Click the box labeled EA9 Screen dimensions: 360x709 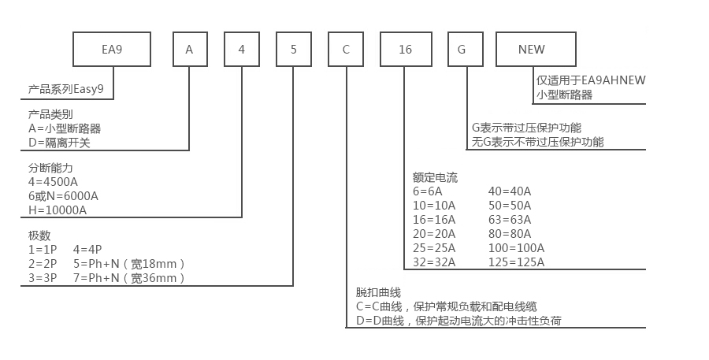pyautogui.click(x=111, y=50)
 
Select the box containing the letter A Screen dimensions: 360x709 pyautogui.click(x=189, y=50)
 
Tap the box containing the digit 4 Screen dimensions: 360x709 pyautogui.click(x=242, y=50)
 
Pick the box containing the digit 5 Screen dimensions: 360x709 pyautogui.click(x=293, y=50)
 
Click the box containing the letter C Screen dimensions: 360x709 pyautogui.click(x=346, y=50)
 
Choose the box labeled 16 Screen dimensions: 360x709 pyautogui.click(x=405, y=50)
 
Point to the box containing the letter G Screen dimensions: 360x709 pyautogui.click(x=462, y=50)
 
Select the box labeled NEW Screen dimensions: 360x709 pyautogui.click(x=532, y=50)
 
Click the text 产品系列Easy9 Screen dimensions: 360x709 pyautogui.click(x=66, y=91)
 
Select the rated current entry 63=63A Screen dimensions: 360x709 pyautogui.click(x=510, y=219)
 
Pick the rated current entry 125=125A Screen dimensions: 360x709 pyautogui.click(x=516, y=262)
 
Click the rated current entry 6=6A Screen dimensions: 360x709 pyautogui.click(x=427, y=191)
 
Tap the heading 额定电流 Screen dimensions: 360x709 pyautogui.click(x=434, y=177)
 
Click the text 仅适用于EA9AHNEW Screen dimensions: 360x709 pyautogui.click(x=591, y=80)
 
